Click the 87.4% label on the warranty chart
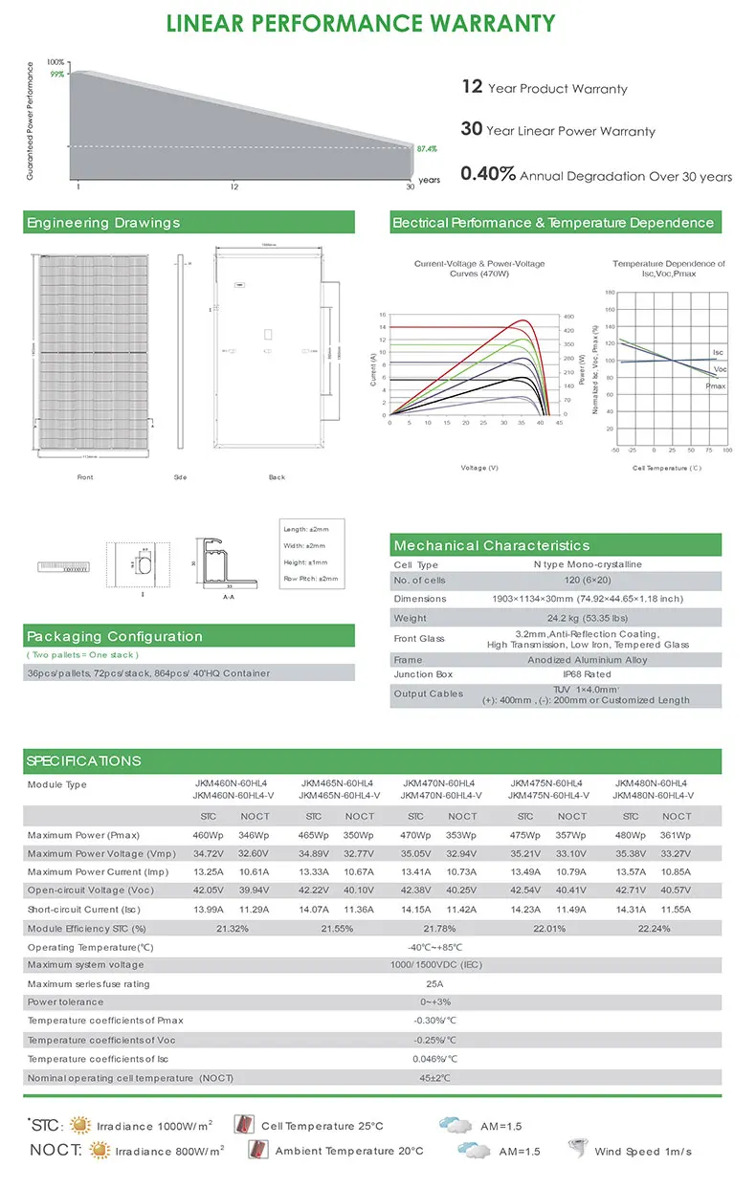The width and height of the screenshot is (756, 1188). click(x=427, y=149)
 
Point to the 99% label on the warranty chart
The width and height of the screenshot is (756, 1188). click(x=56, y=74)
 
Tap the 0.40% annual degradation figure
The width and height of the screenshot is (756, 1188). click(x=488, y=174)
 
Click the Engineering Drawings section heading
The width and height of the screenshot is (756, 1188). click(x=103, y=223)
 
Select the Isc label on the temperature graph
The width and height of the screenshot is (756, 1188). click(x=719, y=353)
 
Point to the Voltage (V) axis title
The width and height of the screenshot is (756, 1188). click(x=479, y=468)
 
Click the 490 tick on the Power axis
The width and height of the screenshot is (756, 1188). click(x=567, y=316)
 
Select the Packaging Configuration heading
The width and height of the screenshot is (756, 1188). click(x=115, y=636)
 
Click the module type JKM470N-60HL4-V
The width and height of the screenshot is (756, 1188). click(x=441, y=795)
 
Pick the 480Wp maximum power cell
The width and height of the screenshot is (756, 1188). click(x=630, y=835)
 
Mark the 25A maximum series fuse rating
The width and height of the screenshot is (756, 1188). click(x=434, y=983)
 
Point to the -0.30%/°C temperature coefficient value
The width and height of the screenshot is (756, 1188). click(x=434, y=1021)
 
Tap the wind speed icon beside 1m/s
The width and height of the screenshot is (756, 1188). click(x=577, y=1149)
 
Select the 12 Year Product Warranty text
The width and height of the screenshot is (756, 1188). click(x=544, y=88)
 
